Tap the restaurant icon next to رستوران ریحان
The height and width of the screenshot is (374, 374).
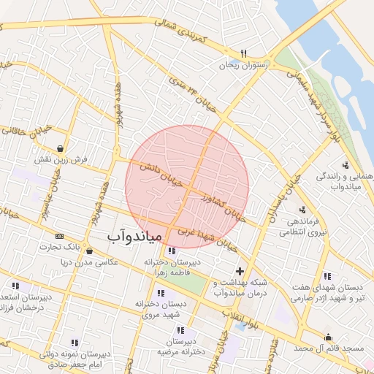(x=244, y=53)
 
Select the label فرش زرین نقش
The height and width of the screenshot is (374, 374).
(x=63, y=159)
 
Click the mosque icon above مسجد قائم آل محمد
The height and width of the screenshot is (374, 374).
(x=328, y=337)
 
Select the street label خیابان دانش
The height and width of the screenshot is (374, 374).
(x=164, y=174)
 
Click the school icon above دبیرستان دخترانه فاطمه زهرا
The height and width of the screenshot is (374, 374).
(x=171, y=251)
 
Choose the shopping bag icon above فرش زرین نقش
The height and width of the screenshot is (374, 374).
(x=58, y=146)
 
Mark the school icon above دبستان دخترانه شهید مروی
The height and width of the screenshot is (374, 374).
(x=160, y=292)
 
